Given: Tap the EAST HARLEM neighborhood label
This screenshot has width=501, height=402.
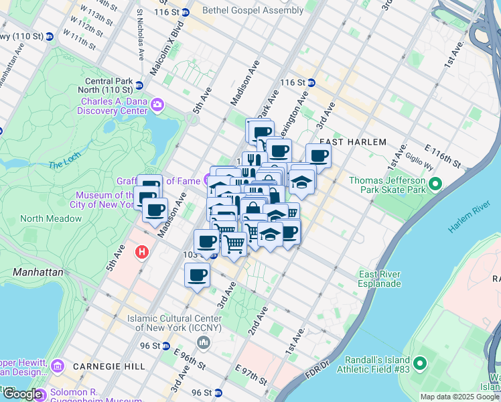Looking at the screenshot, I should pos(353,142).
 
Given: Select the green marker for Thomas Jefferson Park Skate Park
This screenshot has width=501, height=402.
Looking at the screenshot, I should pos(435,183).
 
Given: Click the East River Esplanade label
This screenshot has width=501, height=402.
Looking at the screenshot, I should pos(380,279).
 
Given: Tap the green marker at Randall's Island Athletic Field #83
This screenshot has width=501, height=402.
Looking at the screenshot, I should pos(420,364).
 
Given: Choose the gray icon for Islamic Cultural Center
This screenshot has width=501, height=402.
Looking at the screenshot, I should pos(204,343).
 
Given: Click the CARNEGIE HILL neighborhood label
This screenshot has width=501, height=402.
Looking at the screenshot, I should pos(99,366).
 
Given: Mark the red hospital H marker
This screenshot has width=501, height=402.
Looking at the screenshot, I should pos(142,253).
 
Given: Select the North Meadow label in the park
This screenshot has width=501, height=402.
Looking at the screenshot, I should pos(51,218).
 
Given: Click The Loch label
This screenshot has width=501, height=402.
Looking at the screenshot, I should pos(64,165).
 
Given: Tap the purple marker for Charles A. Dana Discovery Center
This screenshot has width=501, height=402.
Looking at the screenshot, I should pos(158,105).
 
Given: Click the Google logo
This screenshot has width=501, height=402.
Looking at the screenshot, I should pos(23,395).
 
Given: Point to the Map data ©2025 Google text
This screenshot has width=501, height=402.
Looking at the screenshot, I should pos(459,397).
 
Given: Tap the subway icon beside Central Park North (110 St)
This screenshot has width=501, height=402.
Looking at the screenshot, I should pos(139,85).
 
